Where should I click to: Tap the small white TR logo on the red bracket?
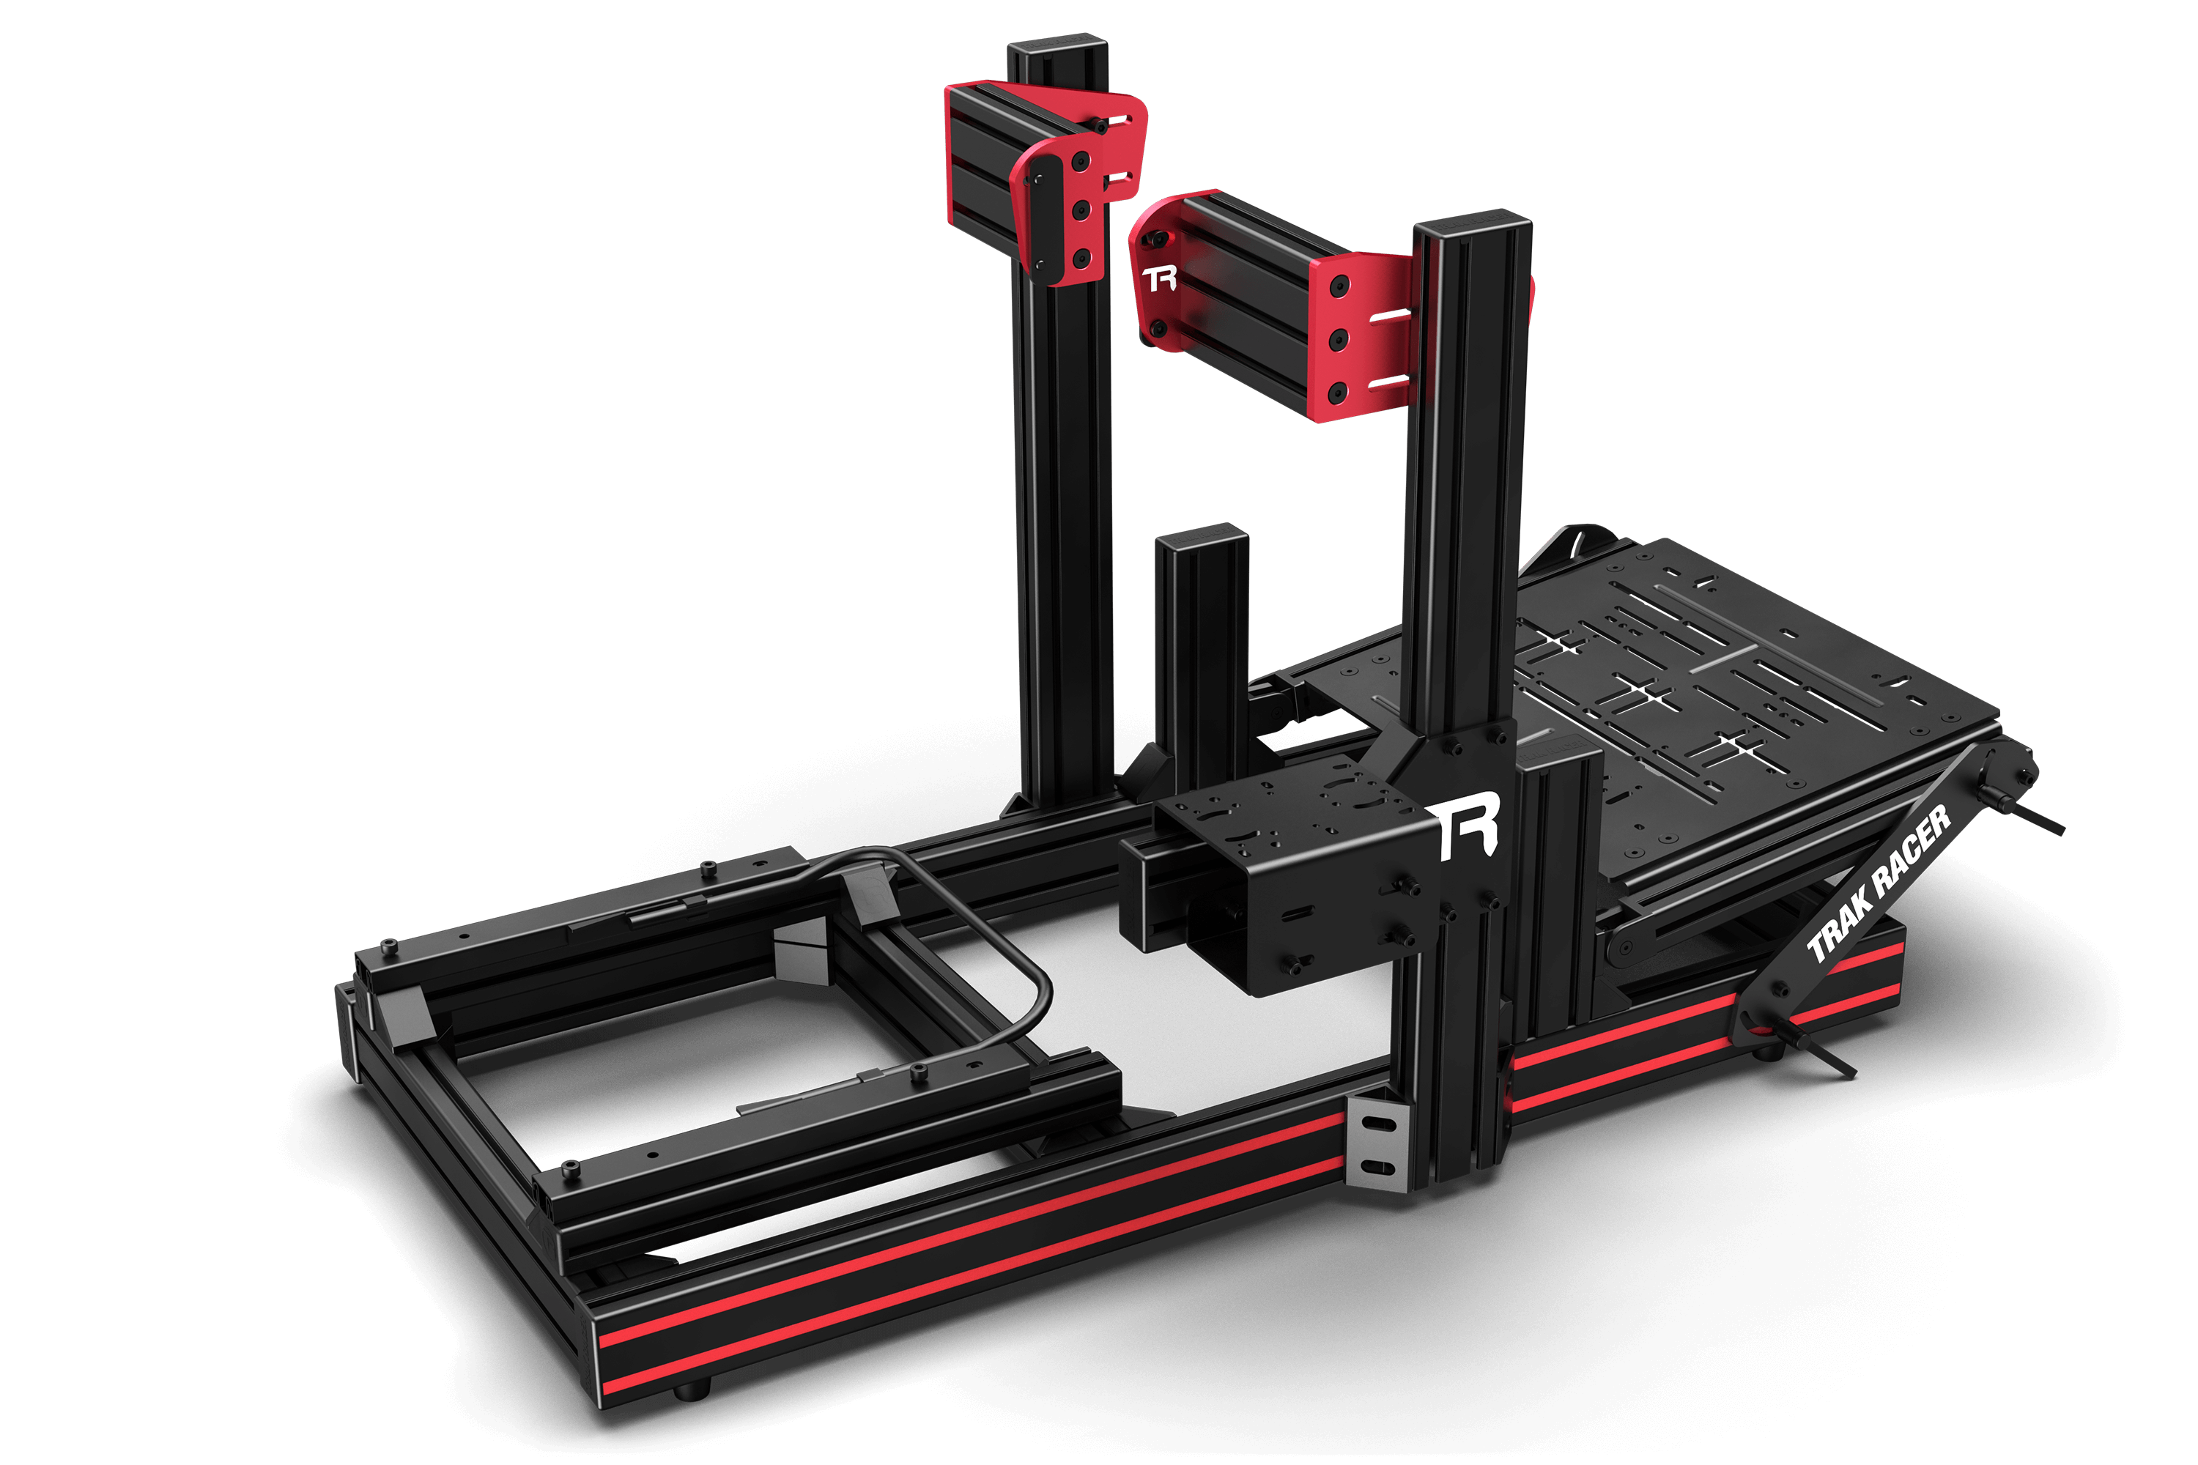click(1160, 278)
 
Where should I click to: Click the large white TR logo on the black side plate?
click(1468, 826)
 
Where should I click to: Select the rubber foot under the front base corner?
click(692, 1391)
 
